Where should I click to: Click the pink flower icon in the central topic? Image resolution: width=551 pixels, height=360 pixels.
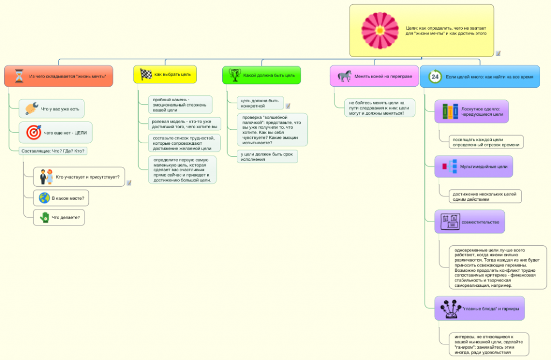[x=380, y=30]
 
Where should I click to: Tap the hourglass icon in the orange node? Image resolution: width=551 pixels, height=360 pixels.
[x=19, y=76]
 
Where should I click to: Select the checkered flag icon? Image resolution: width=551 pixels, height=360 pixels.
[x=146, y=74]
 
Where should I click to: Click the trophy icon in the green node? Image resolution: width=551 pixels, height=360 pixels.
[x=235, y=75]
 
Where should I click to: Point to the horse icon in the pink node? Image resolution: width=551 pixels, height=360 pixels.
[x=344, y=76]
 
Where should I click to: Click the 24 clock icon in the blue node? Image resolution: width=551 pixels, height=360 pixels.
[x=435, y=77]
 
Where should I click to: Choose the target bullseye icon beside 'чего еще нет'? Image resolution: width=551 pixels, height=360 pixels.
[x=34, y=132]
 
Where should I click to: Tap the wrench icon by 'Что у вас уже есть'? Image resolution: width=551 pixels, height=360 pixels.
[x=31, y=109]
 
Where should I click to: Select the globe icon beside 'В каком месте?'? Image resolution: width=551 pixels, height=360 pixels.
[x=44, y=198]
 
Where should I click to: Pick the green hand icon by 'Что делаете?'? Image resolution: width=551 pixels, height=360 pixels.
[x=44, y=217]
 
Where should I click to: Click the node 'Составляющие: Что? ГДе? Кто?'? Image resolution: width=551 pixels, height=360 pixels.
[x=53, y=151]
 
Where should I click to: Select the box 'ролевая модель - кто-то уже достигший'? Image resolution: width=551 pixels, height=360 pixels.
[x=185, y=124]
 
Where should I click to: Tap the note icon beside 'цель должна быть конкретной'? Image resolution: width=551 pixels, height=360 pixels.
[x=288, y=105]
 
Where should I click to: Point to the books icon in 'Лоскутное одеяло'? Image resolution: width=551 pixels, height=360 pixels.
[x=450, y=111]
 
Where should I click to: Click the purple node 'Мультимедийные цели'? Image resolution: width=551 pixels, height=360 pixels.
[x=474, y=166]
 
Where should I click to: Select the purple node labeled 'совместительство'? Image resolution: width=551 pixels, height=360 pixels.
[x=470, y=222]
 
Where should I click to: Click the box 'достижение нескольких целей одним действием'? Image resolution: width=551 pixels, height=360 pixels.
[x=485, y=196]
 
